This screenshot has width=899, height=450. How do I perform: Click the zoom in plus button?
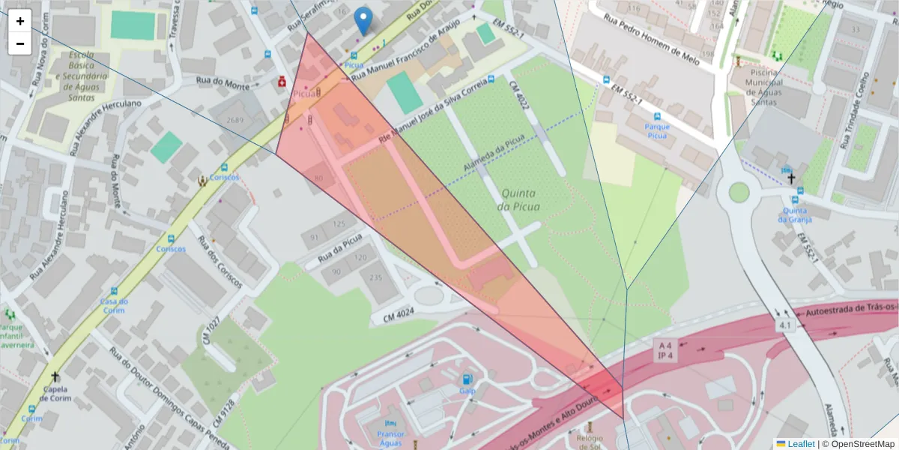click(x=20, y=21)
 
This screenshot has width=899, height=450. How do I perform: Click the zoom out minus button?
click(x=20, y=43)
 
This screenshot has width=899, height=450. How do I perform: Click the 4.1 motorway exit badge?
click(x=785, y=325)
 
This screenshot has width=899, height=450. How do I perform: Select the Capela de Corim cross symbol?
click(x=55, y=376)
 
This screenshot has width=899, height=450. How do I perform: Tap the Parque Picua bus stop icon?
click(x=657, y=118)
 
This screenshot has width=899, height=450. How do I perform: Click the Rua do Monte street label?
click(x=222, y=85)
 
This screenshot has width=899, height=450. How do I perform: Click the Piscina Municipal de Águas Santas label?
click(x=760, y=87)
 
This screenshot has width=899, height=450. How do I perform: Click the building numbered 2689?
click(x=236, y=120)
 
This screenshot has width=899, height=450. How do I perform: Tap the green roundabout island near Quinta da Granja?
click(x=739, y=192)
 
